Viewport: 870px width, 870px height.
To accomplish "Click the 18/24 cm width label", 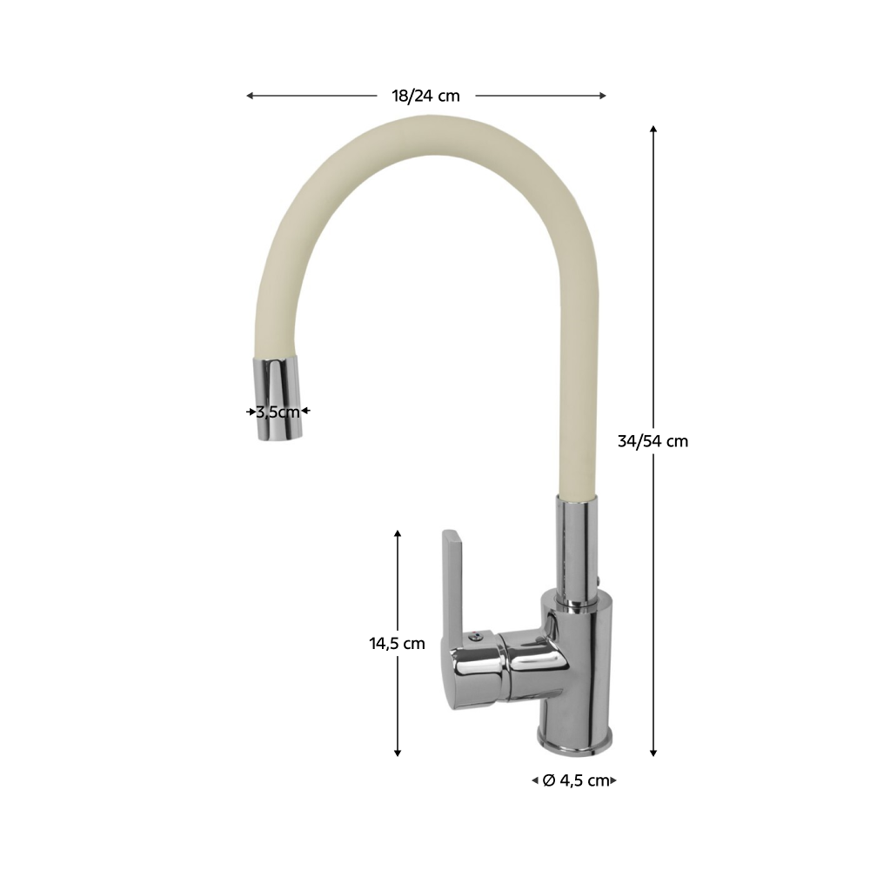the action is pos(425,96).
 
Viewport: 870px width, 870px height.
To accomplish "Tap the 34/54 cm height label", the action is pos(652,441).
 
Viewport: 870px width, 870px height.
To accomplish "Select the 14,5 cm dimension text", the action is pos(398,644).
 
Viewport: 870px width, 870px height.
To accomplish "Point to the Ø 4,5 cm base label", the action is pos(576,780).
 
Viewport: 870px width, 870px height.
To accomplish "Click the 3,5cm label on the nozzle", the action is pos(278,412).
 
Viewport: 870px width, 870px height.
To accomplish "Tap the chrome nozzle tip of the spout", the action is pos(278,398).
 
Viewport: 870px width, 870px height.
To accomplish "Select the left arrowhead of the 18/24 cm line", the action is pos(250,96).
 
